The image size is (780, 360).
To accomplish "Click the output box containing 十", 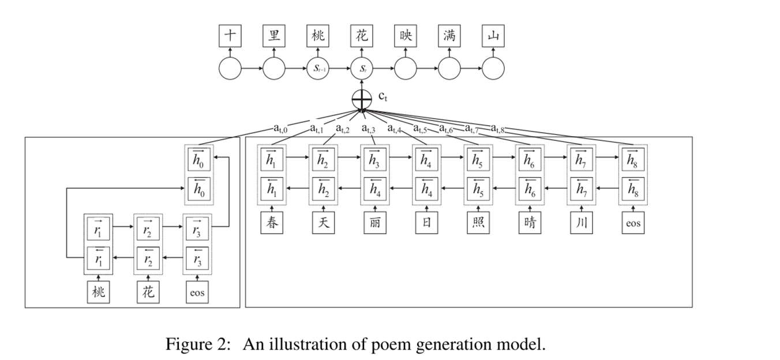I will coord(230,36).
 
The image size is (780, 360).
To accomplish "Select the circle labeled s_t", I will coord(362,69).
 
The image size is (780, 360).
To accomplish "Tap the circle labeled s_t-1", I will coord(318,69).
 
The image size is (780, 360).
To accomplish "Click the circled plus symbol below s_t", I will coord(362,100).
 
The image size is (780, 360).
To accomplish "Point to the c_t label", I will coord(382,97).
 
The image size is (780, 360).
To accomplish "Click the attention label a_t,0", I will coord(280,128).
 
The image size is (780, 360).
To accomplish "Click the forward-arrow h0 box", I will coord(198,160).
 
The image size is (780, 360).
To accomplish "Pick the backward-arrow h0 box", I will coord(198,190).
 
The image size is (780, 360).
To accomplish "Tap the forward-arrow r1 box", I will coord(98,227).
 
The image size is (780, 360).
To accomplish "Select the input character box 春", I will coord(272,223).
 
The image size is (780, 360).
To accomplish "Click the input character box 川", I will coord(582,223).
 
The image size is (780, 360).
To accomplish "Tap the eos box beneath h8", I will coord(633,223).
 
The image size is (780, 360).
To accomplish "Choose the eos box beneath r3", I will coord(197,292).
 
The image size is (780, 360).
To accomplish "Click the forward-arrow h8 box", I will coord(633,160).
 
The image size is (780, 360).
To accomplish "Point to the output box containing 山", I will coord(493,36).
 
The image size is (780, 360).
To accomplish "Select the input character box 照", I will coord(478,223).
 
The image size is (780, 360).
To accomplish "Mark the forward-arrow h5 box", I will coord(478,160).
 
